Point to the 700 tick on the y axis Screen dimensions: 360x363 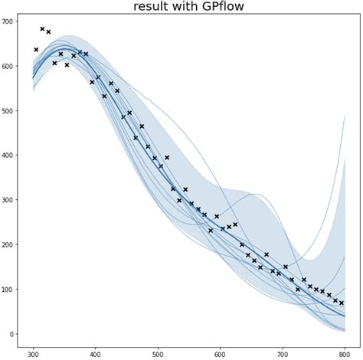point(11,21)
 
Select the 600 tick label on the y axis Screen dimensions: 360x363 point(11,66)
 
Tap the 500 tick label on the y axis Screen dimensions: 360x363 point(11,110)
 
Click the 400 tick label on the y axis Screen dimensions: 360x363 point(11,155)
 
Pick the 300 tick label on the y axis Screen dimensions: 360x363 point(11,200)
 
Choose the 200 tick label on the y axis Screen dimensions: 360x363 point(11,244)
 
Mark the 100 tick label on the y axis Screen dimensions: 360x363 point(11,289)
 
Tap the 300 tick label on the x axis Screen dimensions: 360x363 point(33,355)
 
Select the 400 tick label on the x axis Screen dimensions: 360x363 point(96,355)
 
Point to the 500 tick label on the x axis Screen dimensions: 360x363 point(158,355)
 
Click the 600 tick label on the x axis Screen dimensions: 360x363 point(220,355)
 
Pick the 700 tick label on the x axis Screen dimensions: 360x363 point(282,355)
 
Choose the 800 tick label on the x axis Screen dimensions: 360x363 point(345,355)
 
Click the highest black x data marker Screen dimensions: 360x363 point(42,29)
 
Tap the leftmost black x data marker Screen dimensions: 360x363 point(36,50)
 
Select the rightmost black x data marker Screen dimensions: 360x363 point(342,303)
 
